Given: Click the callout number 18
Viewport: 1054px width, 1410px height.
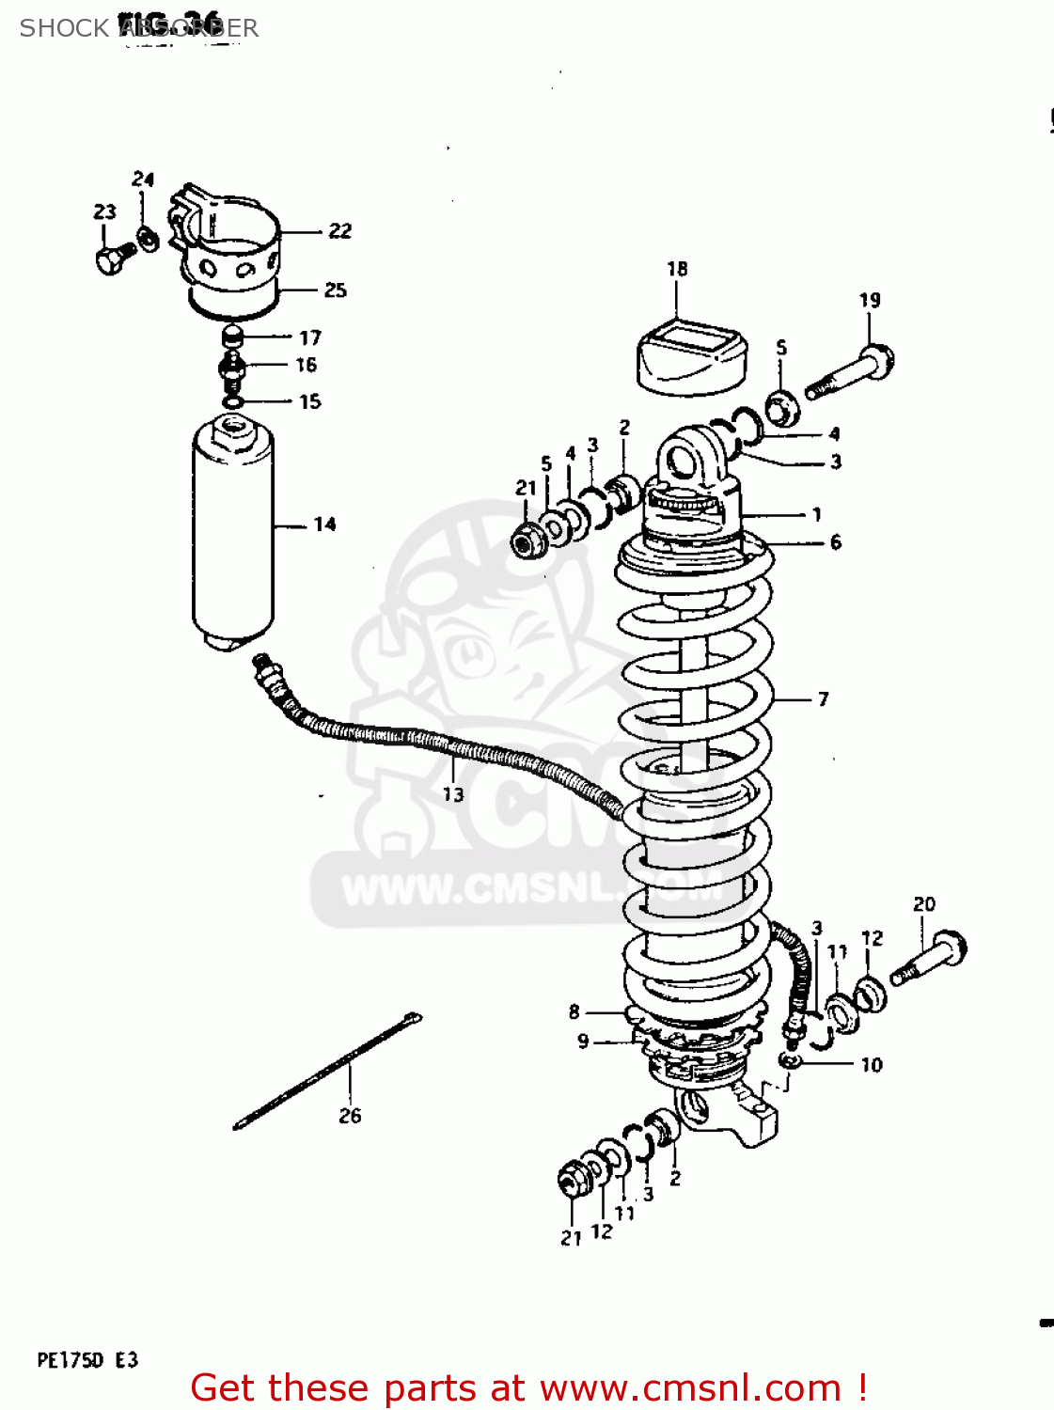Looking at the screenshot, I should coord(677,269).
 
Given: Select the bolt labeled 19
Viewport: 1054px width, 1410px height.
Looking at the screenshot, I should coord(850,373).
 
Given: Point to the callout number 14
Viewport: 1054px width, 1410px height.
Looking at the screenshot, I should coord(324,525).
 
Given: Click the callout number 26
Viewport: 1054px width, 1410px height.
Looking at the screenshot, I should coord(350,1116).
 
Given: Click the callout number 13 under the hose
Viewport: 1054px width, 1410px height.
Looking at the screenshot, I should coord(453,795).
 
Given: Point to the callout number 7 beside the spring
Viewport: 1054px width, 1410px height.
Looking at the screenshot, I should coord(823,699).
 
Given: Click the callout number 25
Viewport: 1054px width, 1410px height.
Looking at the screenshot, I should coord(335,290).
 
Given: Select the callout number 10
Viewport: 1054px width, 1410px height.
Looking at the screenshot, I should coord(872,1065).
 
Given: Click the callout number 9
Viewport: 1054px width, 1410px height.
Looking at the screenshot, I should coord(583,1042).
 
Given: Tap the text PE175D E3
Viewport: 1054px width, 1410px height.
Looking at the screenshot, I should coord(87,1360).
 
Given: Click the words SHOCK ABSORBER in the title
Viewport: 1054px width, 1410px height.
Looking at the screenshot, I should coord(139,28).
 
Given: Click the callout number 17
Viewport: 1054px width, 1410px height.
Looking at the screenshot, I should coord(310,337).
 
